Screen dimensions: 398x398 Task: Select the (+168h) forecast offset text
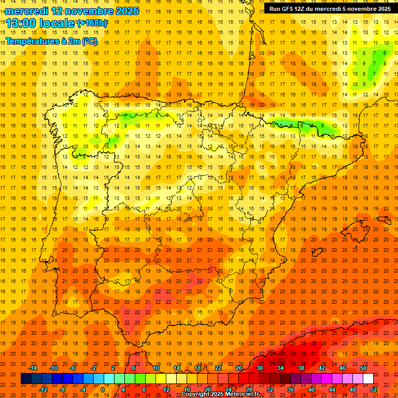92,23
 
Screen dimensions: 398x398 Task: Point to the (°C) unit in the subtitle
89,41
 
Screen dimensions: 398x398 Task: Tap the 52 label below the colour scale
374,390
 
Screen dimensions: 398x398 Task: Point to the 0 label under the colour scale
103,390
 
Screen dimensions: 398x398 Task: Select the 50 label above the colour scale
363,368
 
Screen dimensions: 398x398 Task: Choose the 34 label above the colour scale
280,368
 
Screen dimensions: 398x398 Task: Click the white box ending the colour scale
368,379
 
